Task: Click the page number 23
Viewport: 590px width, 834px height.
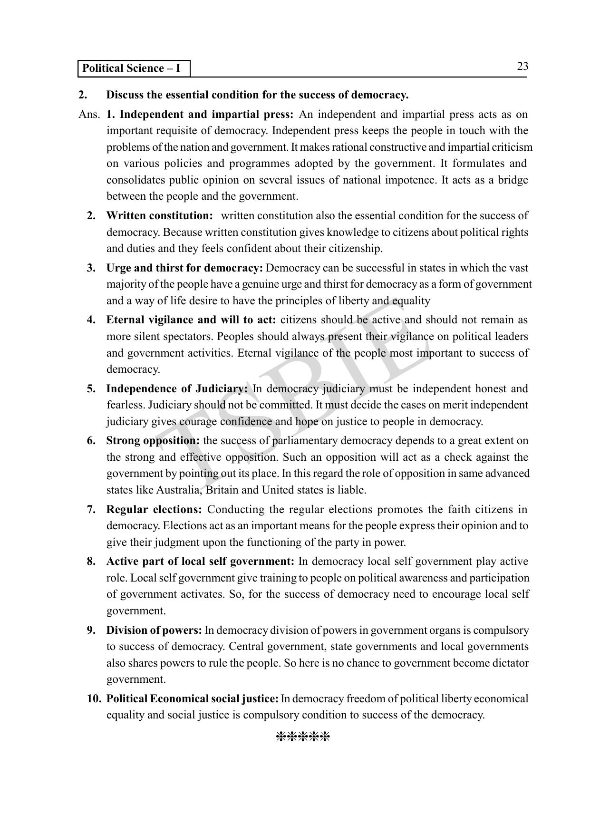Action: coord(522,67)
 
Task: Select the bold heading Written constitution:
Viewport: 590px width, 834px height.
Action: coord(159,216)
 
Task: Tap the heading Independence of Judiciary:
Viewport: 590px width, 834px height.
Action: coord(177,389)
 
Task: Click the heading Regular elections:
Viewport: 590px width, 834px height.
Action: coord(154,510)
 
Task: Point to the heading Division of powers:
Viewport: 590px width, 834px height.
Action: coord(154,630)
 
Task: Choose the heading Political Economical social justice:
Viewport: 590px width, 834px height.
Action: coord(192,699)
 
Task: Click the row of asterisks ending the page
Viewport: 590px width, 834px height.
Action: coord(303,737)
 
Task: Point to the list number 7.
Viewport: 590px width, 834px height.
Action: coord(92,510)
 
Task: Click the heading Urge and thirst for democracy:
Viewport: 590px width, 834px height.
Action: coord(184,268)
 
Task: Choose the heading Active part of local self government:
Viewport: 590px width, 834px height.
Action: coord(200,562)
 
